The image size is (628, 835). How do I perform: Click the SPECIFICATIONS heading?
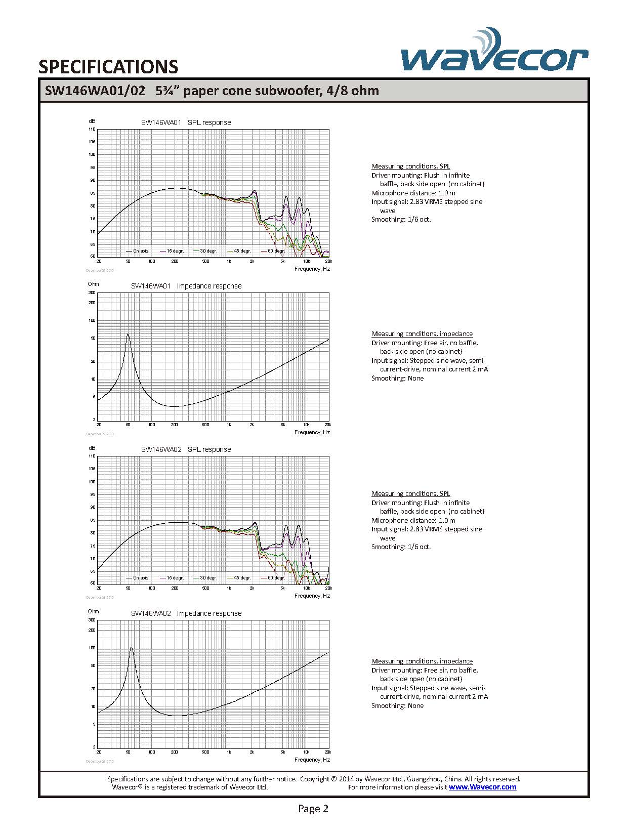108,67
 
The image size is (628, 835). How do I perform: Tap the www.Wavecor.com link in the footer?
482,787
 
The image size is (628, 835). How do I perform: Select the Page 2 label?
313,809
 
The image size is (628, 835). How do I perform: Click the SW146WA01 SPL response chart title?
186,122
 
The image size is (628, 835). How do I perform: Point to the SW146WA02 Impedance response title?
186,613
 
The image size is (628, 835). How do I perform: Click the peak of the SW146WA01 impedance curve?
128,334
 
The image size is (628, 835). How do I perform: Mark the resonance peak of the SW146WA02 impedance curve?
132,647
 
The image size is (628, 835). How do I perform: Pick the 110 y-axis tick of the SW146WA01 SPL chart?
92,129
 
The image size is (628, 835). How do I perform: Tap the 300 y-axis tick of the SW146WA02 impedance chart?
92,620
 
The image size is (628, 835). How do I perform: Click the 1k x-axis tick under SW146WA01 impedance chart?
229,425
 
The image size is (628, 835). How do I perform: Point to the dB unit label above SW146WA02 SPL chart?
92,448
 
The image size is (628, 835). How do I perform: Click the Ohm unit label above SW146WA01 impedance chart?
93,284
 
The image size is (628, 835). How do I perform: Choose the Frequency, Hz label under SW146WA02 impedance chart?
312,760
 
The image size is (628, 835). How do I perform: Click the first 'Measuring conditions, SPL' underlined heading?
410,166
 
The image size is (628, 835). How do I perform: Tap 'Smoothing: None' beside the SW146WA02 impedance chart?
397,705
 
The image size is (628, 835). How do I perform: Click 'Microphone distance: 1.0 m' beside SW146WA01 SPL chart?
413,193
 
